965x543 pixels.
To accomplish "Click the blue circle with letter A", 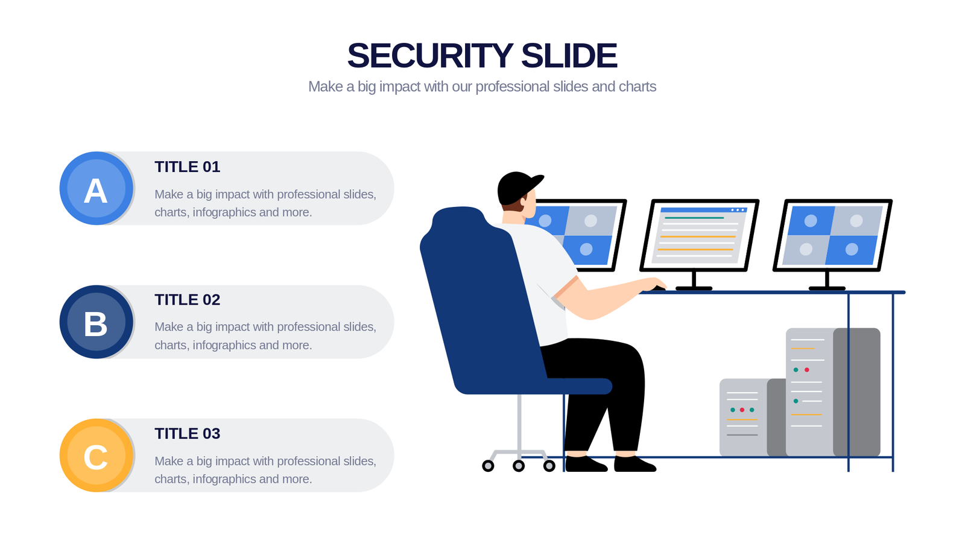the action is pos(96,188).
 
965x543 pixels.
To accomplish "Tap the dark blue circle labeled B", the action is pos(96,322).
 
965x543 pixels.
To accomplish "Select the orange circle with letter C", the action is pos(96,456).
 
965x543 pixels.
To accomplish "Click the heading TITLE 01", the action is pos(188,167).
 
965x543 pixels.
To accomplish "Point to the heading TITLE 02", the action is pos(188,299).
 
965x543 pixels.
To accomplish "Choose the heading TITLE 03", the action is pos(188,434).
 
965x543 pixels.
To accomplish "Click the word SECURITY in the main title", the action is pos(430,55).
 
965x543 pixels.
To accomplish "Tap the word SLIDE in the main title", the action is pos(569,55).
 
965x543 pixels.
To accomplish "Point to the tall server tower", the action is pos(833,392).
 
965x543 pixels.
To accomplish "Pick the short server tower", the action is pos(753,418).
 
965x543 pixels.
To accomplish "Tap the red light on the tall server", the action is pos(807,370).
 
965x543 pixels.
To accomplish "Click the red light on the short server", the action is pos(742,410).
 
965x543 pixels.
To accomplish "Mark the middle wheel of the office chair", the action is pos(519,465).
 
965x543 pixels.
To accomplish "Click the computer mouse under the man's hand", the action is pos(658,288).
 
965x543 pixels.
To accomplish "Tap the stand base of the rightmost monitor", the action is pos(827,288).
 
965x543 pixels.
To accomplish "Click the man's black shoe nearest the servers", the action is pos(635,464).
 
